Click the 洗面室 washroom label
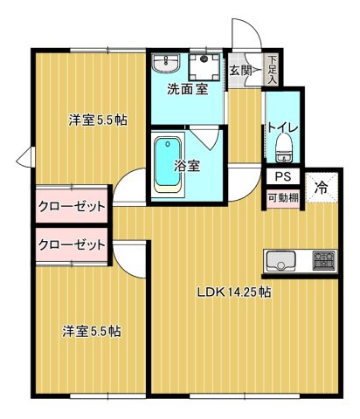coord(186,88)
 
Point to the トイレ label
coord(283,127)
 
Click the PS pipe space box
coord(280,177)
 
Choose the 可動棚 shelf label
coord(281,197)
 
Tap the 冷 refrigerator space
coord(321,186)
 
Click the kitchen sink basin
coord(283,260)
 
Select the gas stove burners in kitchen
coord(323,260)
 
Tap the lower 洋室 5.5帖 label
coord(91,332)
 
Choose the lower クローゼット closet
coord(72,244)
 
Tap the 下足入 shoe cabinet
coord(273,69)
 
